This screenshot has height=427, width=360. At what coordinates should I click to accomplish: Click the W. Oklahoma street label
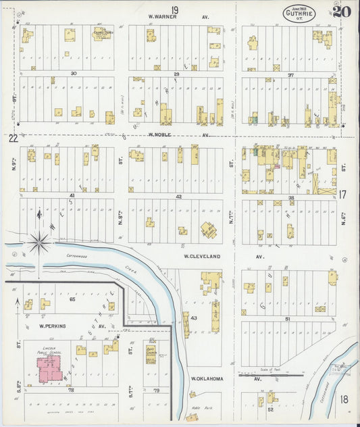[207, 378]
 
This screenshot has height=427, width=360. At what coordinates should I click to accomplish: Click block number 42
[178, 196]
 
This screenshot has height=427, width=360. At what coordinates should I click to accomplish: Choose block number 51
[287, 318]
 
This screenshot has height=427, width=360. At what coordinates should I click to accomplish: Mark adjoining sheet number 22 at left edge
[13, 138]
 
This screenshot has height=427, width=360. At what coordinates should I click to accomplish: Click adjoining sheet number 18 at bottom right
[344, 399]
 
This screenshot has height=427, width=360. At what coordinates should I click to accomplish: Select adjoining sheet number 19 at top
[175, 9]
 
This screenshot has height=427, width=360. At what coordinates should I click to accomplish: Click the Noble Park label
[198, 409]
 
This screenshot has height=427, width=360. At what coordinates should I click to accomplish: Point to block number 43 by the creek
[193, 318]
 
